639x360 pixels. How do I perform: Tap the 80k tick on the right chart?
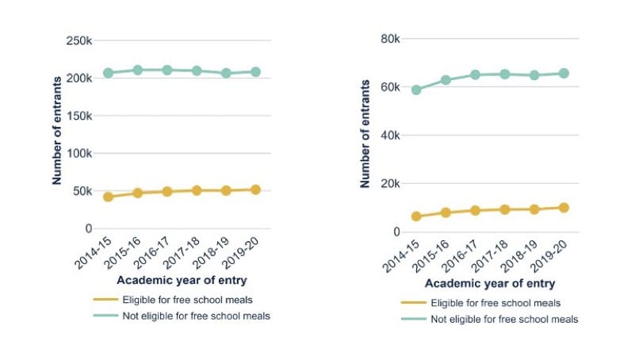coord(390,38)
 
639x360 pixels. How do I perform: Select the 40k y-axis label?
coord(390,135)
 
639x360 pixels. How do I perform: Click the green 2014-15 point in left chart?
coord(108,73)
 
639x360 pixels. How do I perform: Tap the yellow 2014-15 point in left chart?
coord(108,197)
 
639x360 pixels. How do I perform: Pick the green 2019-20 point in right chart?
coord(564,73)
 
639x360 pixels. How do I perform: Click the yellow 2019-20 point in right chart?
coord(564,208)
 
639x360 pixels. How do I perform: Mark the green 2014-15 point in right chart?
coord(416,90)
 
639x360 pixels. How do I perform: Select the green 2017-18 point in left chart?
coord(197,71)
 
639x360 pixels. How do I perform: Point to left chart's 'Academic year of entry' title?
coord(182,280)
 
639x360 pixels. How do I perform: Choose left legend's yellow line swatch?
coord(105,300)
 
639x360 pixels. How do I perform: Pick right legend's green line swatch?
coord(413,319)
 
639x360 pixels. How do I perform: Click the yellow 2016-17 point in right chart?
coord(475,211)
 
